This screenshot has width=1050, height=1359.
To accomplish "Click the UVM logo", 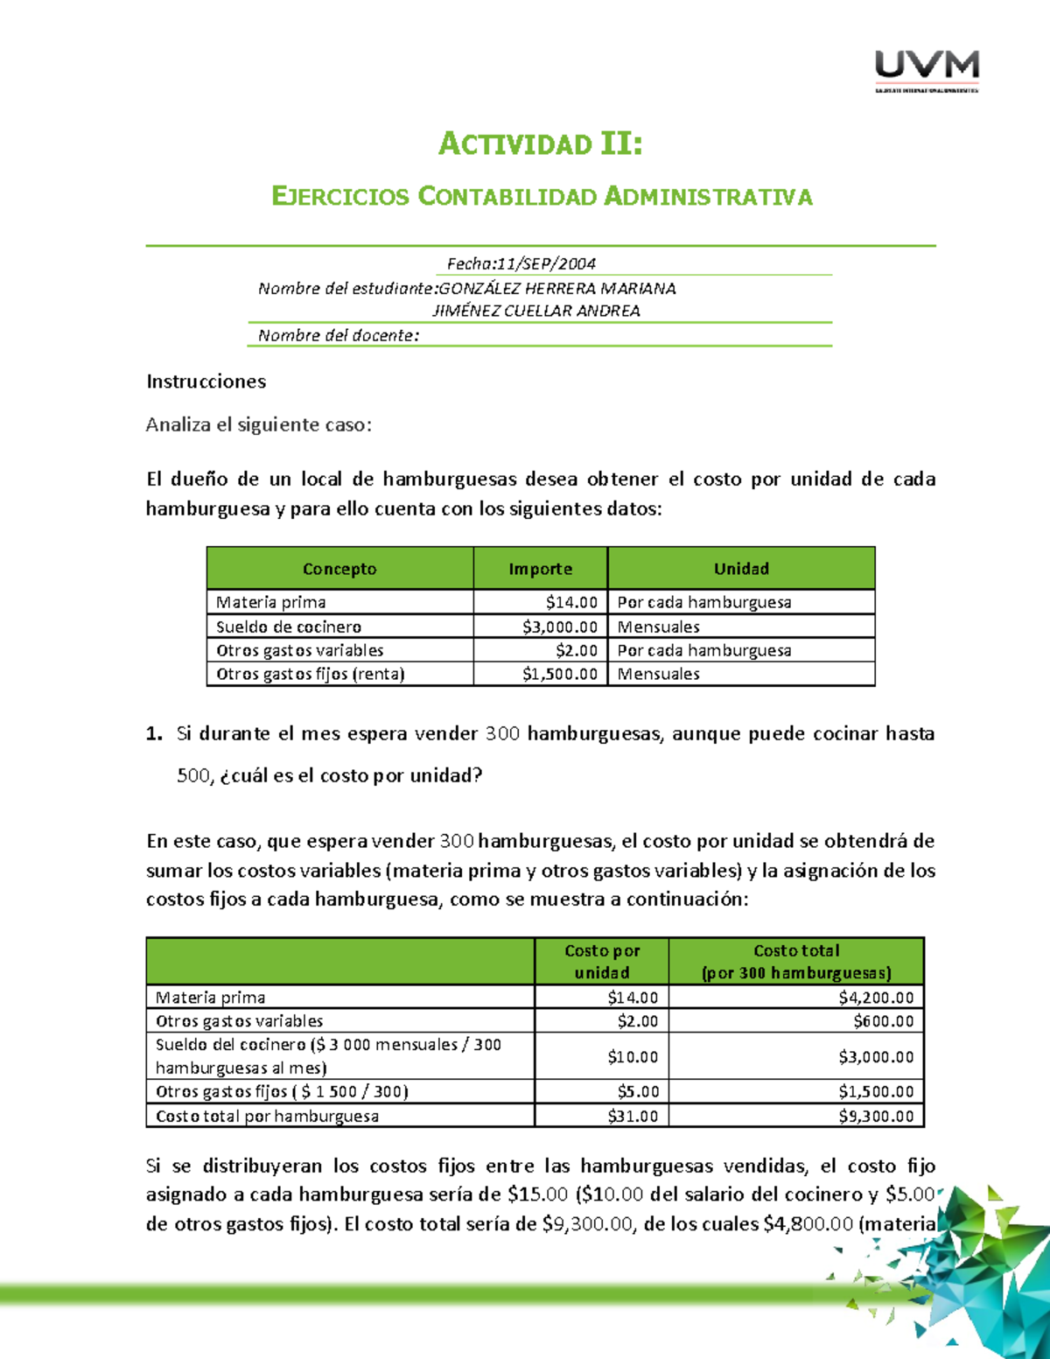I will pyautogui.click(x=927, y=70).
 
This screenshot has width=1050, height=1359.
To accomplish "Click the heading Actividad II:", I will pyautogui.click(x=540, y=144).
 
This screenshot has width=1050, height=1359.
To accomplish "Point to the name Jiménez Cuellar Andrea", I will pyautogui.click(x=536, y=311).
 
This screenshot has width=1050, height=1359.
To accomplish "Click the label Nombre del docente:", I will pyautogui.click(x=339, y=335).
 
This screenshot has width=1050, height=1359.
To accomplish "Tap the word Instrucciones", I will pyautogui.click(x=206, y=382).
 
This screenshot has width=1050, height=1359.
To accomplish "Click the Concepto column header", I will pyautogui.click(x=339, y=569).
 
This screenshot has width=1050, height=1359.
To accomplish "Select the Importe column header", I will pyautogui.click(x=540, y=569).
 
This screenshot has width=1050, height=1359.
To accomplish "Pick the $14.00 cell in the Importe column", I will pyautogui.click(x=570, y=602).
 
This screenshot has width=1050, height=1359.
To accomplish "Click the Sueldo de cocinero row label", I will pyautogui.click(x=289, y=627).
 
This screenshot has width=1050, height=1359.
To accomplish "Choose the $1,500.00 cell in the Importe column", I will pyautogui.click(x=560, y=674).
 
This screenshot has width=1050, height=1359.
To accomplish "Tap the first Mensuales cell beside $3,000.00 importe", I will pyautogui.click(x=658, y=627).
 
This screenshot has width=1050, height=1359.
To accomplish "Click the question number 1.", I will pyautogui.click(x=154, y=733).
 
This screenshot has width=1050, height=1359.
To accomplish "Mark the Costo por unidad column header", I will pyautogui.click(x=601, y=961).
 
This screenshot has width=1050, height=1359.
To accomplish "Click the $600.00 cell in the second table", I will pyautogui.click(x=883, y=1021).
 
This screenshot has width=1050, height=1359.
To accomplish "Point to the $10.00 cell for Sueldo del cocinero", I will pyautogui.click(x=632, y=1057).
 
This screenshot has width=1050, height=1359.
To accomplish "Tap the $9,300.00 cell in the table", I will pyautogui.click(x=875, y=1117).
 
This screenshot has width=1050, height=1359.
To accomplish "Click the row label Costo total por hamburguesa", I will pyautogui.click(x=267, y=1117).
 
